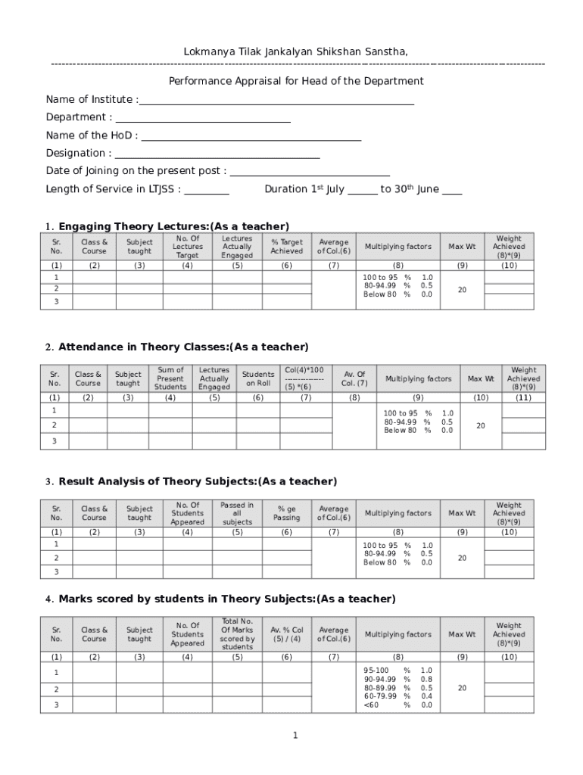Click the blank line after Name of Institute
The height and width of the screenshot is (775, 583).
pos(276,100)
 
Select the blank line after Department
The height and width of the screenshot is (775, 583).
pos(202,118)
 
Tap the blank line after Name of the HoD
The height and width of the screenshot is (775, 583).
pos(251,136)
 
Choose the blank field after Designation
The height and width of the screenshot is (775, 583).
pos(217,154)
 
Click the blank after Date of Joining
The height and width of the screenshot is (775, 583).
pos(310,172)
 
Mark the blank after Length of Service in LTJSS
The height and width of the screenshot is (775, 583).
pos(207,190)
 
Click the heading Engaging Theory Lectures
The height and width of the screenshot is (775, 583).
pos(173,226)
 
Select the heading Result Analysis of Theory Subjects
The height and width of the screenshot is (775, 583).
pos(198,481)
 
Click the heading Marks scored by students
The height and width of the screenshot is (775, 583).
pos(226,599)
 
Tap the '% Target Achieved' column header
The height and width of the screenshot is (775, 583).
pos(286,247)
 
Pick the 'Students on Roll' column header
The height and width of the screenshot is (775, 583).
pos(258,378)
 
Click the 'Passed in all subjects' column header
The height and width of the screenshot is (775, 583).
pos(237,513)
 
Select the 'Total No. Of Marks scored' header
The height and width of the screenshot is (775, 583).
pos(237,634)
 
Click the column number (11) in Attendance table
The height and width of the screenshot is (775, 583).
pos(523,397)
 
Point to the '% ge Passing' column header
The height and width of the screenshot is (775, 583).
pos(286,513)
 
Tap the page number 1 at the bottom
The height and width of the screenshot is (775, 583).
pos(296,736)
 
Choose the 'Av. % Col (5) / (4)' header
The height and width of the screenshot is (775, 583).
pos(286,634)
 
